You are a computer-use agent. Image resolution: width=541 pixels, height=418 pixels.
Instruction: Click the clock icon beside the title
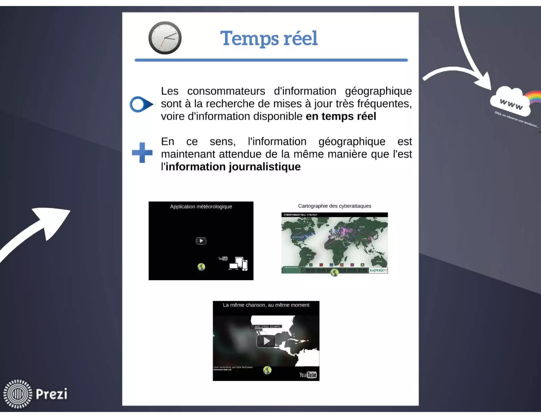165,38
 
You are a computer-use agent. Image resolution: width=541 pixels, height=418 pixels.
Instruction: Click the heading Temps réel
269,38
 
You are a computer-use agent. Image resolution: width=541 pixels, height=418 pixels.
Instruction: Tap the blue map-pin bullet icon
141,104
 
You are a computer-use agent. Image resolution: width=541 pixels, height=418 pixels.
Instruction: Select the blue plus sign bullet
142,152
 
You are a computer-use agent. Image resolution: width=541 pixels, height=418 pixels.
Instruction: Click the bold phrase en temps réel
341,117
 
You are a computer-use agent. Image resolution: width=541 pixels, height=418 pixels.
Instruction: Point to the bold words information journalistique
233,167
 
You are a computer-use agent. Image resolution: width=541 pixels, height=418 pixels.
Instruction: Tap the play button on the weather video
201,241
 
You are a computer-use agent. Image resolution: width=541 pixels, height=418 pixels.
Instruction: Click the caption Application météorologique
201,207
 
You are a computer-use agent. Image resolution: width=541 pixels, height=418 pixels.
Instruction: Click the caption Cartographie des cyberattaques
334,206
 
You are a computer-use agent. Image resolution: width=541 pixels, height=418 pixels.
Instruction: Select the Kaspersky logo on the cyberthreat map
378,270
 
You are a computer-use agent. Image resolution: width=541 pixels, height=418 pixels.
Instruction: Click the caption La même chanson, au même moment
266,305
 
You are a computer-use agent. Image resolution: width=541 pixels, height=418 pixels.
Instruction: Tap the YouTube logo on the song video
308,375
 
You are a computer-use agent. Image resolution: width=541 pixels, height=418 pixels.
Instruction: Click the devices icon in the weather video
238,264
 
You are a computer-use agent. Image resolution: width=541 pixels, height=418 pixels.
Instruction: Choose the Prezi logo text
52,394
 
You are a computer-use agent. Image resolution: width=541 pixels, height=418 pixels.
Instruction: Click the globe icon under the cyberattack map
334,273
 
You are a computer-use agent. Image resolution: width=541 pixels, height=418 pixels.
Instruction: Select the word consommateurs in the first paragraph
226,91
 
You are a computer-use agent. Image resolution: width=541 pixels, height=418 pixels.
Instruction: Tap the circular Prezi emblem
18,394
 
